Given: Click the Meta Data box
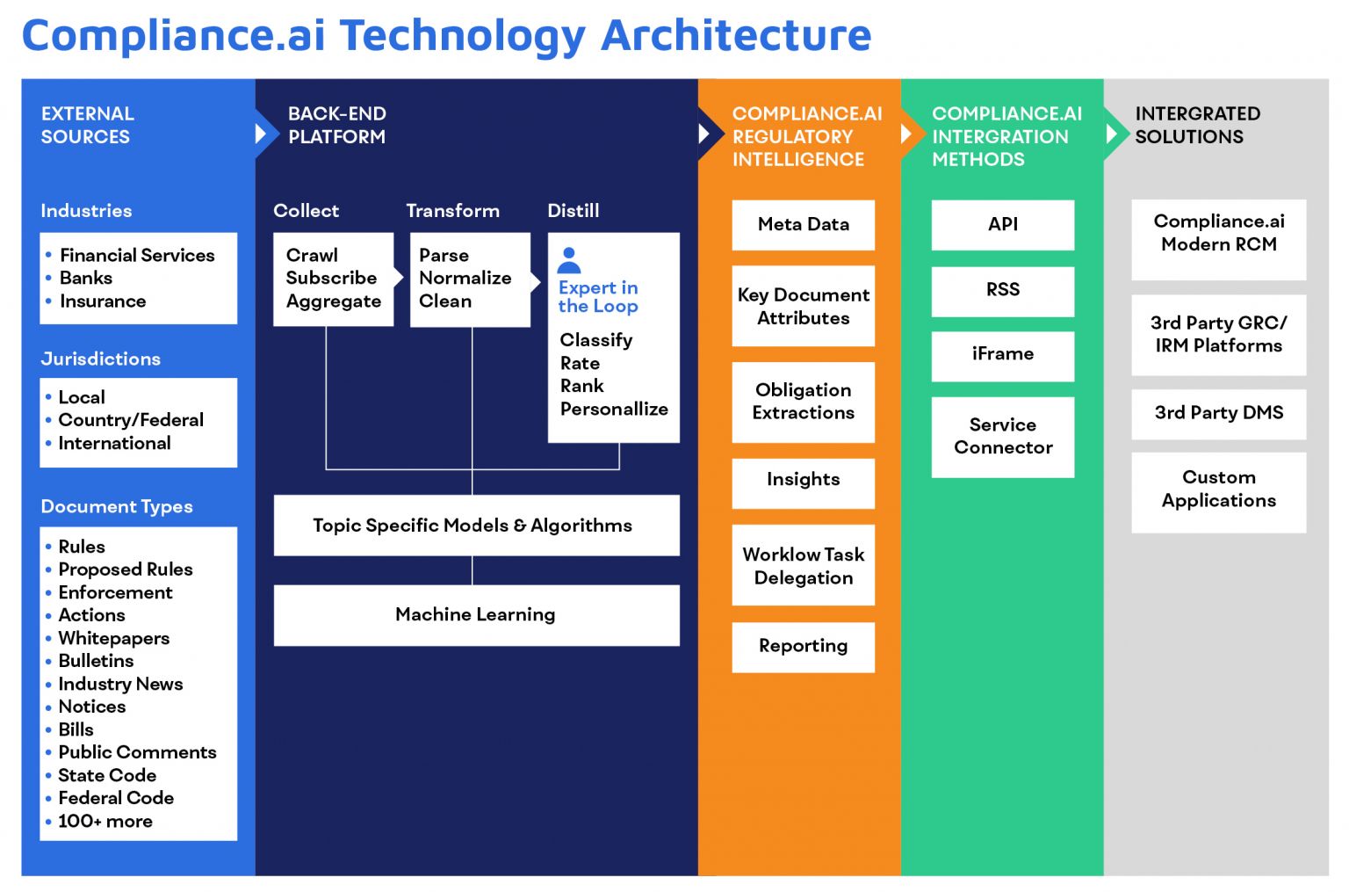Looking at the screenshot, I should pyautogui.click(x=803, y=225).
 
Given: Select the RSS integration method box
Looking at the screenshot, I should pyautogui.click(x=1002, y=291).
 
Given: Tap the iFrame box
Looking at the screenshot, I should pyautogui.click(x=1002, y=355).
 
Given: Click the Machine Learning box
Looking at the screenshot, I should pyautogui.click(x=475, y=615).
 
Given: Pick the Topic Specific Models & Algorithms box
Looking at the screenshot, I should pyautogui.click(x=475, y=526).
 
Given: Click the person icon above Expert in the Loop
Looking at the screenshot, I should pyautogui.click(x=569, y=260).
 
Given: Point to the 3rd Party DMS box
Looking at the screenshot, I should pyautogui.click(x=1218, y=413).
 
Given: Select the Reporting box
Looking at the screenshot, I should pyautogui.click(x=803, y=647).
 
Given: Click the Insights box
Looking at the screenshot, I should pyautogui.click(x=803, y=481).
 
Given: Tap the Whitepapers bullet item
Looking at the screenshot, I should pyautogui.click(x=113, y=639).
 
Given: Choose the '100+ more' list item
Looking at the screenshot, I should pyautogui.click(x=105, y=822).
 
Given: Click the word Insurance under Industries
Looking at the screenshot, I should pyautogui.click(x=103, y=301).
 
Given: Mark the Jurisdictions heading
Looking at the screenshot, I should pyautogui.click(x=100, y=359).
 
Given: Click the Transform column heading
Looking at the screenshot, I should pyautogui.click(x=452, y=211).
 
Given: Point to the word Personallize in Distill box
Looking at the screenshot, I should pyautogui.click(x=614, y=410).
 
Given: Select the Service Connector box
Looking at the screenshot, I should pyautogui.click(x=1002, y=437).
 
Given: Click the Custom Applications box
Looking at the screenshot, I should pyautogui.click(x=1218, y=490).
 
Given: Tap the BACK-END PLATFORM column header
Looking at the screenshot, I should pyautogui.click(x=336, y=126).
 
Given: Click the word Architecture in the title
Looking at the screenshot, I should pyautogui.click(x=736, y=35).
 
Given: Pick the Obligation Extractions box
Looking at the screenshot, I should pyautogui.click(x=803, y=402).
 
